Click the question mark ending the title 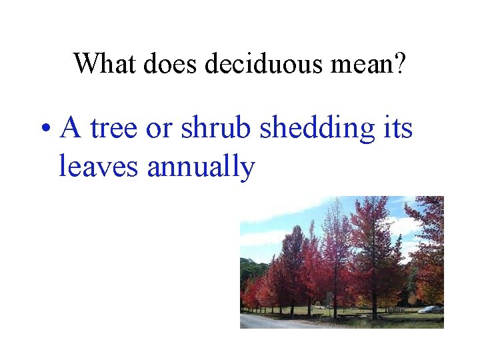pos(399,63)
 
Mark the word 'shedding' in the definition pos(317,128)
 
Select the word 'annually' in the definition pos(201,167)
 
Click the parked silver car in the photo pos(430,309)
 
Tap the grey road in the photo pos(267,322)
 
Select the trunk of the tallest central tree pos(374,303)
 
